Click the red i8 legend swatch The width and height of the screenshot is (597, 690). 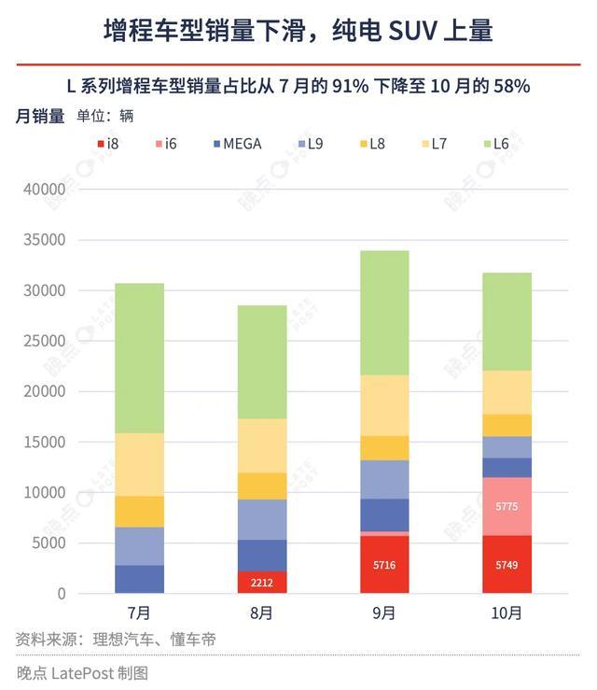[100, 144]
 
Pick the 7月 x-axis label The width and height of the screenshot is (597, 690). [140, 613]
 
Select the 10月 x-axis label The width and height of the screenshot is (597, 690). [507, 613]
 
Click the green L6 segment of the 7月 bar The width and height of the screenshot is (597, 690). [140, 358]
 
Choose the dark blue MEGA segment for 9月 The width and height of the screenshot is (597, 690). [384, 515]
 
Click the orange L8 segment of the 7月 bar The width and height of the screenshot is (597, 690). [140, 512]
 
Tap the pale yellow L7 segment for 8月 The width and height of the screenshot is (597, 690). [262, 445]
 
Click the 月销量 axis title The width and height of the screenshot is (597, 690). [40, 117]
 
